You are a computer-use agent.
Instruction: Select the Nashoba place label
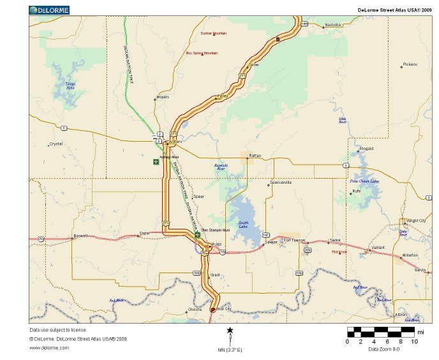point(333,25)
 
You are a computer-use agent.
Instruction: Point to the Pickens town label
point(410,64)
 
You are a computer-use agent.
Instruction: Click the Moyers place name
point(163,97)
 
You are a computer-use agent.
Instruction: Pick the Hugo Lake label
point(242,224)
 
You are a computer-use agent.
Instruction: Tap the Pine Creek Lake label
point(364,181)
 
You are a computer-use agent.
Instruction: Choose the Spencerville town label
point(281,183)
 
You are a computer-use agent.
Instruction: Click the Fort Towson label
point(294,240)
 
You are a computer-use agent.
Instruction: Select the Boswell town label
point(80,236)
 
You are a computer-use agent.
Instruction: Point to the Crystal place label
point(56,144)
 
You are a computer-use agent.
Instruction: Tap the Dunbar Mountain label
point(213,33)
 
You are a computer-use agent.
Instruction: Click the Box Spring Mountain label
point(202,53)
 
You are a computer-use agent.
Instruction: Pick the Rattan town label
point(255,155)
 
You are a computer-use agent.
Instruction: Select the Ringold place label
point(366,149)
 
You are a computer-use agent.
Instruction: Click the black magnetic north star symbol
point(230,330)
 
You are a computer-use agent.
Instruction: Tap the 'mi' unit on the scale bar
point(420,332)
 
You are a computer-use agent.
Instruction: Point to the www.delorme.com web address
point(49,347)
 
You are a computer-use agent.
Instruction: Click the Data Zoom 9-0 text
point(385,349)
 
